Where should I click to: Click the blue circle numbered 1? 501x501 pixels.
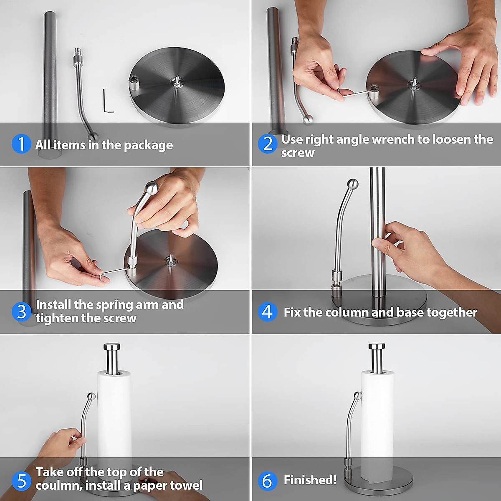point(21,144)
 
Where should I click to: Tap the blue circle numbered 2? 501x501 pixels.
point(268,144)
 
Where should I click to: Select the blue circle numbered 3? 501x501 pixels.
point(21,311)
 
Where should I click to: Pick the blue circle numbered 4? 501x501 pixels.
point(267,312)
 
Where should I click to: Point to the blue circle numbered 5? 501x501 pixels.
point(21,481)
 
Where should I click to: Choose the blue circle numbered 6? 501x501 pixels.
point(267,481)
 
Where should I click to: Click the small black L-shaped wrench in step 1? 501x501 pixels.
point(108,101)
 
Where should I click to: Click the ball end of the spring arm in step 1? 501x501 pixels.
point(93,136)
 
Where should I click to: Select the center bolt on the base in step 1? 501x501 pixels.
point(177,81)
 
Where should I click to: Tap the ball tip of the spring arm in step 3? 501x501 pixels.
point(151,187)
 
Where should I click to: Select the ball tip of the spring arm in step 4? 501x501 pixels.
point(353,184)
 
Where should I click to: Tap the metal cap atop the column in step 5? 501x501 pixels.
point(111,347)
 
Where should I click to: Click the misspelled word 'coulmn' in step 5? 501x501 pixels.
point(59,486)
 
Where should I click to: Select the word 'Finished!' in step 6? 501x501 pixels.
point(310,480)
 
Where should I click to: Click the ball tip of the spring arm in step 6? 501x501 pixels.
point(358,395)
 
